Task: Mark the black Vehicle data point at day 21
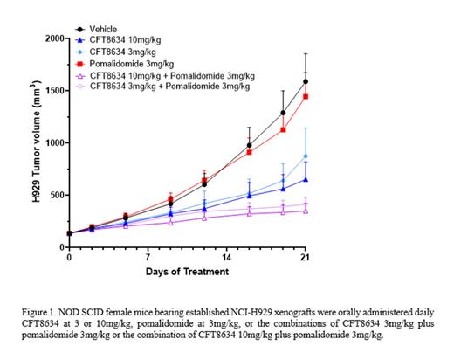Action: coord(305,81)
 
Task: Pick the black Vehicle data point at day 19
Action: coord(282,113)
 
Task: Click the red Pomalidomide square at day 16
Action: coord(249,152)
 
